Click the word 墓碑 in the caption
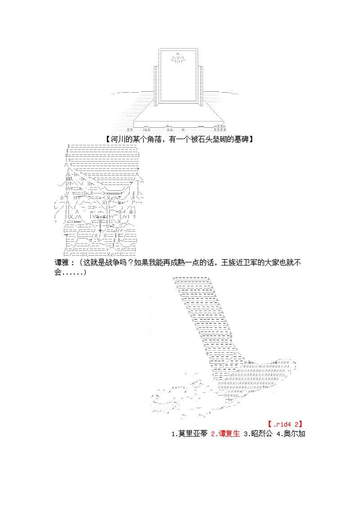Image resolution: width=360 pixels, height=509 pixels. [242, 139]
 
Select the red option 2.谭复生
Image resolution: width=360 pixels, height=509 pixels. [225, 433]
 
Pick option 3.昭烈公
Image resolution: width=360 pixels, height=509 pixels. [258, 433]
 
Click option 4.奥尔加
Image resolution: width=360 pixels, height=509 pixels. [291, 433]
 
